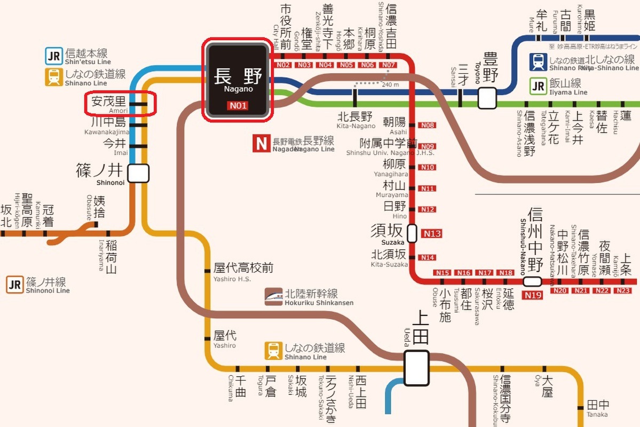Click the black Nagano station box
(x=238, y=80)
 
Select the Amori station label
(x=108, y=102)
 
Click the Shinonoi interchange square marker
(x=138, y=173)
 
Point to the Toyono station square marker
(x=487, y=98)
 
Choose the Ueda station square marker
(x=416, y=368)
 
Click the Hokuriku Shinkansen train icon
(x=274, y=297)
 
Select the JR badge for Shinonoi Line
(x=15, y=284)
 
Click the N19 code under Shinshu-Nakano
(x=533, y=295)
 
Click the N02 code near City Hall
(x=283, y=65)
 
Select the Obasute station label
(x=99, y=209)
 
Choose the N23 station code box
(x=622, y=290)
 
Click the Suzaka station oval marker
(x=412, y=233)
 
